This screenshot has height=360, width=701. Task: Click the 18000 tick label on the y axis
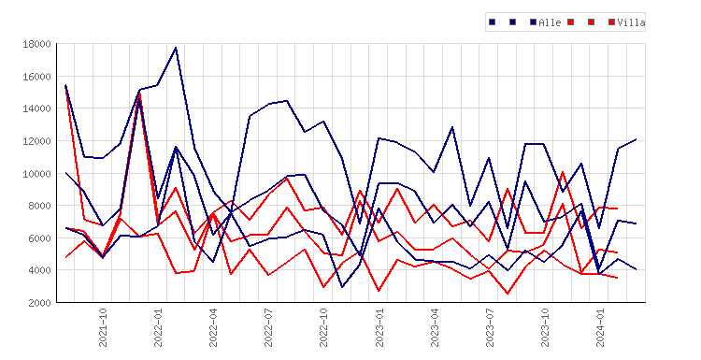coord(36,44)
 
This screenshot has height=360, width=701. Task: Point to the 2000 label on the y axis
coord(39,303)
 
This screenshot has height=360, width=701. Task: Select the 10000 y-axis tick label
coord(36,174)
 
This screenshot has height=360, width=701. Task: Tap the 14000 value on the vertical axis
coord(36,108)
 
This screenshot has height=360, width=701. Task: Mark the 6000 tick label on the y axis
coord(39,238)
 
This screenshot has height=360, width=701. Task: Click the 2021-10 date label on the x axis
coord(103,327)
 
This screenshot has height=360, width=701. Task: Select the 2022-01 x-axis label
coord(158,327)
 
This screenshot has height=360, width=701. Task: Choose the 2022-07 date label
coord(268,327)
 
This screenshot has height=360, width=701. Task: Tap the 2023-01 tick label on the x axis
coord(379,327)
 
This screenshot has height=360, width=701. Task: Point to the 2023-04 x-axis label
coord(435,327)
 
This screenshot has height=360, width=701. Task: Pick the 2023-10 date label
coord(545,327)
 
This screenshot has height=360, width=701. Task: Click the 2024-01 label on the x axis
coord(600,327)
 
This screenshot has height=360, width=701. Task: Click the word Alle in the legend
coord(550,22)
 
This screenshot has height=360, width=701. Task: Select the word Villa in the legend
coord(631,22)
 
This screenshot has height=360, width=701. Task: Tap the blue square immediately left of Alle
coord(533,22)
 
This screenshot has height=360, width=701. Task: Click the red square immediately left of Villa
coord(611,22)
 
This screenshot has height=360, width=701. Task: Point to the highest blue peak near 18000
coord(176,48)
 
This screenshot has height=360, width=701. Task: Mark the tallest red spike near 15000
coord(139,94)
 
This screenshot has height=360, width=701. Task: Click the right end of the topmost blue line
coord(636,139)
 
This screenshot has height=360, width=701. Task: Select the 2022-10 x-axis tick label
coord(323,327)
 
